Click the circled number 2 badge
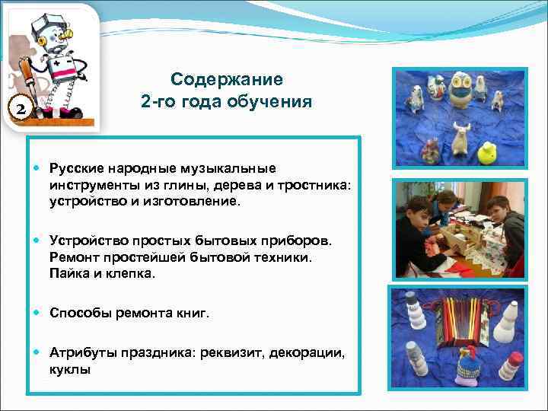point(21,108)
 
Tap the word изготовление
point(192,202)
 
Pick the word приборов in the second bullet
point(293,241)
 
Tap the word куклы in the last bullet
point(70,369)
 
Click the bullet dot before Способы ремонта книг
point(38,312)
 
